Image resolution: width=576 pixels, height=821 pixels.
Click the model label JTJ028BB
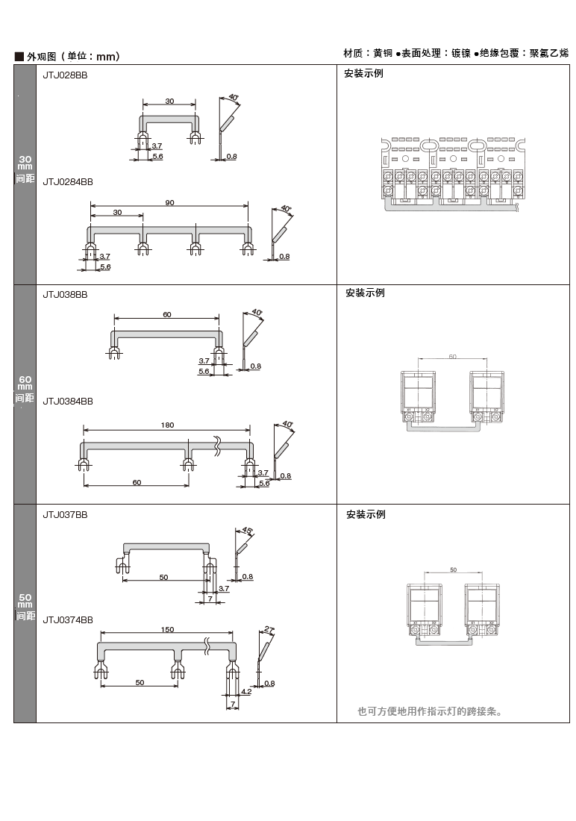tap(64, 75)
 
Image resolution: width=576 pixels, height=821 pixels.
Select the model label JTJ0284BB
tap(67, 181)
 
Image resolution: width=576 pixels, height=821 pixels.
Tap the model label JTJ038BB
tap(64, 294)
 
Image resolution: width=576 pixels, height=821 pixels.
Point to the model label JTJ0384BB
tap(67, 401)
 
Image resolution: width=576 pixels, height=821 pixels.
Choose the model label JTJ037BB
tap(64, 514)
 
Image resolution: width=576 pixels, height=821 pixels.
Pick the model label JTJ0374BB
tap(67, 619)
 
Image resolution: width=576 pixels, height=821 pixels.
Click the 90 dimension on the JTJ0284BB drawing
tap(169, 203)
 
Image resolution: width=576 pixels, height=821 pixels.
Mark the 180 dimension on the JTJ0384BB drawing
tap(166, 425)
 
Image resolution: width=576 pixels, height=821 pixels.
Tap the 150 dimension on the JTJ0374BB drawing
tap(168, 630)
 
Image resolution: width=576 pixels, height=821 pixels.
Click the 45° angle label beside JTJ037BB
tap(248, 530)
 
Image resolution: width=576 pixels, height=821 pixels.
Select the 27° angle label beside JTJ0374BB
tap(269, 630)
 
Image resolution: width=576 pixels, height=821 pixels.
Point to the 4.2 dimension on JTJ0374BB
tap(246, 692)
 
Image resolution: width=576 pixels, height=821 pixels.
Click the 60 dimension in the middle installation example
tap(452, 357)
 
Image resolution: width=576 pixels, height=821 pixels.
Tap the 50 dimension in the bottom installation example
tap(453, 570)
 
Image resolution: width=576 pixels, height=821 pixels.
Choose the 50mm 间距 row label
tap(25, 607)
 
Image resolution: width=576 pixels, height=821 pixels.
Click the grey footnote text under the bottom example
tap(430, 711)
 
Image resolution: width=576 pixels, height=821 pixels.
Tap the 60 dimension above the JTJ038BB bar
tap(166, 315)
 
